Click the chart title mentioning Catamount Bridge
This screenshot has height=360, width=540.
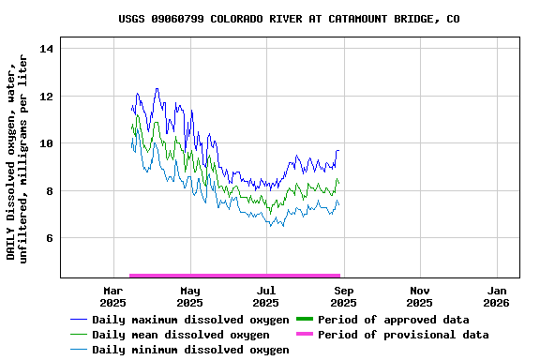coord(289,19)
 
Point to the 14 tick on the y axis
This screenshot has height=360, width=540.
coord(49,49)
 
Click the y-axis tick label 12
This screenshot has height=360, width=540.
coord(49,97)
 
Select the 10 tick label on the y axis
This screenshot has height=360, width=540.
coord(49,143)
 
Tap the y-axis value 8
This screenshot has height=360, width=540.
coord(52,191)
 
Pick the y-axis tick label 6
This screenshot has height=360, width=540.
coord(52,238)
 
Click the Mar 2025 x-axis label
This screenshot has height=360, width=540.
coord(113,296)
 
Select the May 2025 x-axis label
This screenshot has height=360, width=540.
coord(189,296)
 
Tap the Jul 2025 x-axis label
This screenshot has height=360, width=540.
coord(266,296)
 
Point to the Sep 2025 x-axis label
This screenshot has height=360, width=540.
coord(343,296)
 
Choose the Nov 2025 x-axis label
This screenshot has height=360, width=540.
coord(420,296)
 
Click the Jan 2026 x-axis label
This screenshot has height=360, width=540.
coord(497,296)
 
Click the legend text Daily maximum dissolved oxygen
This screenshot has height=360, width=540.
coord(190,320)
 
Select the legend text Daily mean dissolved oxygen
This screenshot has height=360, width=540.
coord(180,335)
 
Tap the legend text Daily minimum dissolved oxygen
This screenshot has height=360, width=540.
coord(190,350)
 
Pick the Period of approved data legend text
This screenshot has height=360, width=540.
coord(393,320)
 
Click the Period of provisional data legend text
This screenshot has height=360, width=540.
coord(403,335)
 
